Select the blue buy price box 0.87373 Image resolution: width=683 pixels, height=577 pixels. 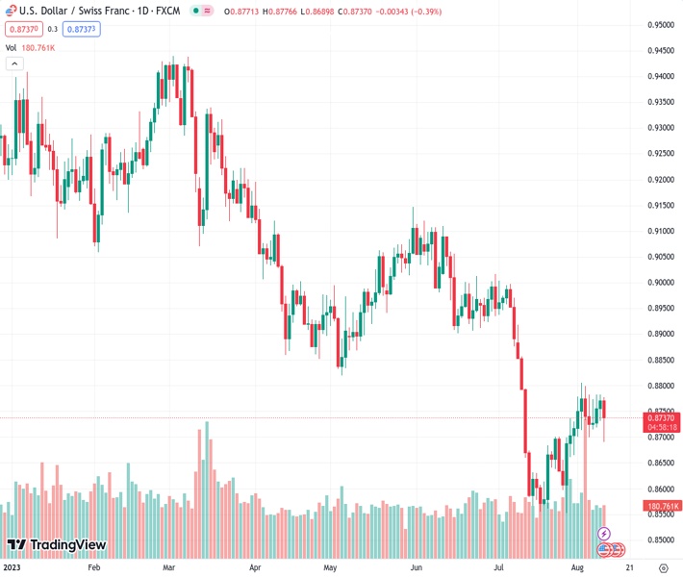pyautogui.click(x=83, y=29)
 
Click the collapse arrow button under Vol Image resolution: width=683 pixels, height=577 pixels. pyautogui.click(x=13, y=63)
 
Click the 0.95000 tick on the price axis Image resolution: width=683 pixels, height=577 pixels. pyautogui.click(x=660, y=25)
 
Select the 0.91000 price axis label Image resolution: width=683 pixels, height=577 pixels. pyautogui.click(x=660, y=231)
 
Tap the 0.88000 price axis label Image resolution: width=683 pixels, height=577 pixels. pyautogui.click(x=660, y=386)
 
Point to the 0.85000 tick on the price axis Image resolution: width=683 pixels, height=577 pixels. pyautogui.click(x=660, y=539)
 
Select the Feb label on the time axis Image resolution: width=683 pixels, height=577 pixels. pyautogui.click(x=93, y=567)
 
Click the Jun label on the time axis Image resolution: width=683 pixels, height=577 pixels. pyautogui.click(x=417, y=567)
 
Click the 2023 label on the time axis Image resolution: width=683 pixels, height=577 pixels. pyautogui.click(x=13, y=567)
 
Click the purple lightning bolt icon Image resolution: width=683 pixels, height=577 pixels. pyautogui.click(x=604, y=533)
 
